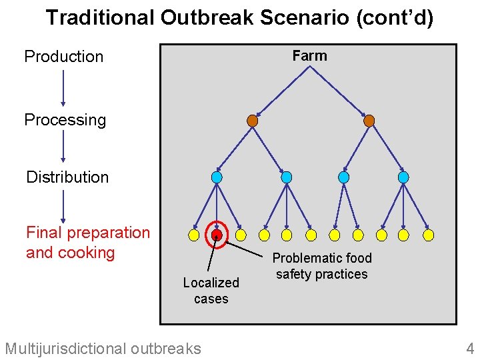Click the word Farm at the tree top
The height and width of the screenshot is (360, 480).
(309, 56)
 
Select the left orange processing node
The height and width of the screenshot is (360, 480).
(252, 121)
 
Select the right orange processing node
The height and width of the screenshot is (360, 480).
(369, 121)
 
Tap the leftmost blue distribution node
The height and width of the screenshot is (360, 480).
(217, 177)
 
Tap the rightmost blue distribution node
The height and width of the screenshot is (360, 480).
(403, 177)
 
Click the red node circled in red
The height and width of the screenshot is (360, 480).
(217, 235)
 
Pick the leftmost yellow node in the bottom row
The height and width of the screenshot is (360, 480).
(193, 235)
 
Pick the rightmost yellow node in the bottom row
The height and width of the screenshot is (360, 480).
(429, 235)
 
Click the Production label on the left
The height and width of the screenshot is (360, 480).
(64, 57)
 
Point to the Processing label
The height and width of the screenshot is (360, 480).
(65, 120)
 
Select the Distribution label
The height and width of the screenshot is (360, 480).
(67, 177)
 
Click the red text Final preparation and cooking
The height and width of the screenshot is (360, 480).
(87, 243)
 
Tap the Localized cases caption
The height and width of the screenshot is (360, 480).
(211, 291)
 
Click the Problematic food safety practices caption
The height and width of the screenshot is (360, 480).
(322, 266)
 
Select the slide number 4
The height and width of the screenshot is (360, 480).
(470, 348)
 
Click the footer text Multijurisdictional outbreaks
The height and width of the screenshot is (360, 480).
(103, 348)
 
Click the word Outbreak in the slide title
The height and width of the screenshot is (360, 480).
(207, 18)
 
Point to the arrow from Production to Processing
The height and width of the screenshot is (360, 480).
(63, 87)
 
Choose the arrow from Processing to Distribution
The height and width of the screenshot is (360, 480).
(63, 147)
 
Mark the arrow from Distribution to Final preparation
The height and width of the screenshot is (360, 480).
(63, 206)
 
